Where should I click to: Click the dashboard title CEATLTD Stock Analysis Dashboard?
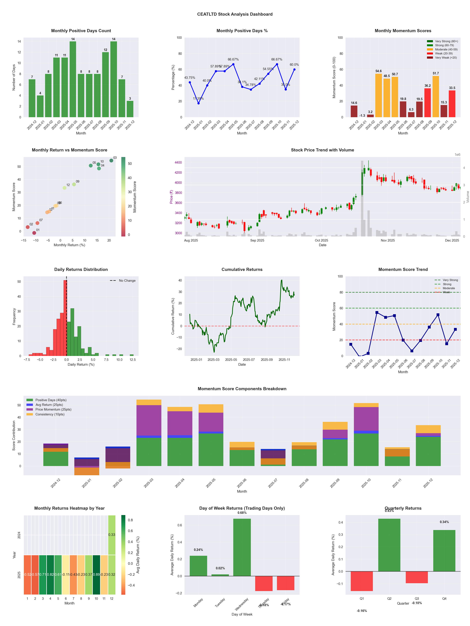pyautogui.click(x=235, y=14)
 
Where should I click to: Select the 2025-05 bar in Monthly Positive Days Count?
pyautogui.click(x=73, y=79)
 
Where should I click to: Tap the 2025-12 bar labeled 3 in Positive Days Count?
pyautogui.click(x=130, y=109)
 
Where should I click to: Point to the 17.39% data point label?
pyautogui.click(x=198, y=98)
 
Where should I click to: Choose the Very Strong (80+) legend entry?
pyautogui.click(x=446, y=41)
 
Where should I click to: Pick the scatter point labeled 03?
pyautogui.click(x=111, y=160)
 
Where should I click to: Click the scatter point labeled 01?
pyautogui.click(x=34, y=233)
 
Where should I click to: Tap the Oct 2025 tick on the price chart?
pyautogui.click(x=321, y=240)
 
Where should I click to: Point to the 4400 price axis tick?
pyautogui.click(x=178, y=162)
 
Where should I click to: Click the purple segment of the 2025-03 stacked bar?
pyautogui.click(x=149, y=420)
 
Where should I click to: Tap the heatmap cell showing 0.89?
pyautogui.click(x=96, y=575)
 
